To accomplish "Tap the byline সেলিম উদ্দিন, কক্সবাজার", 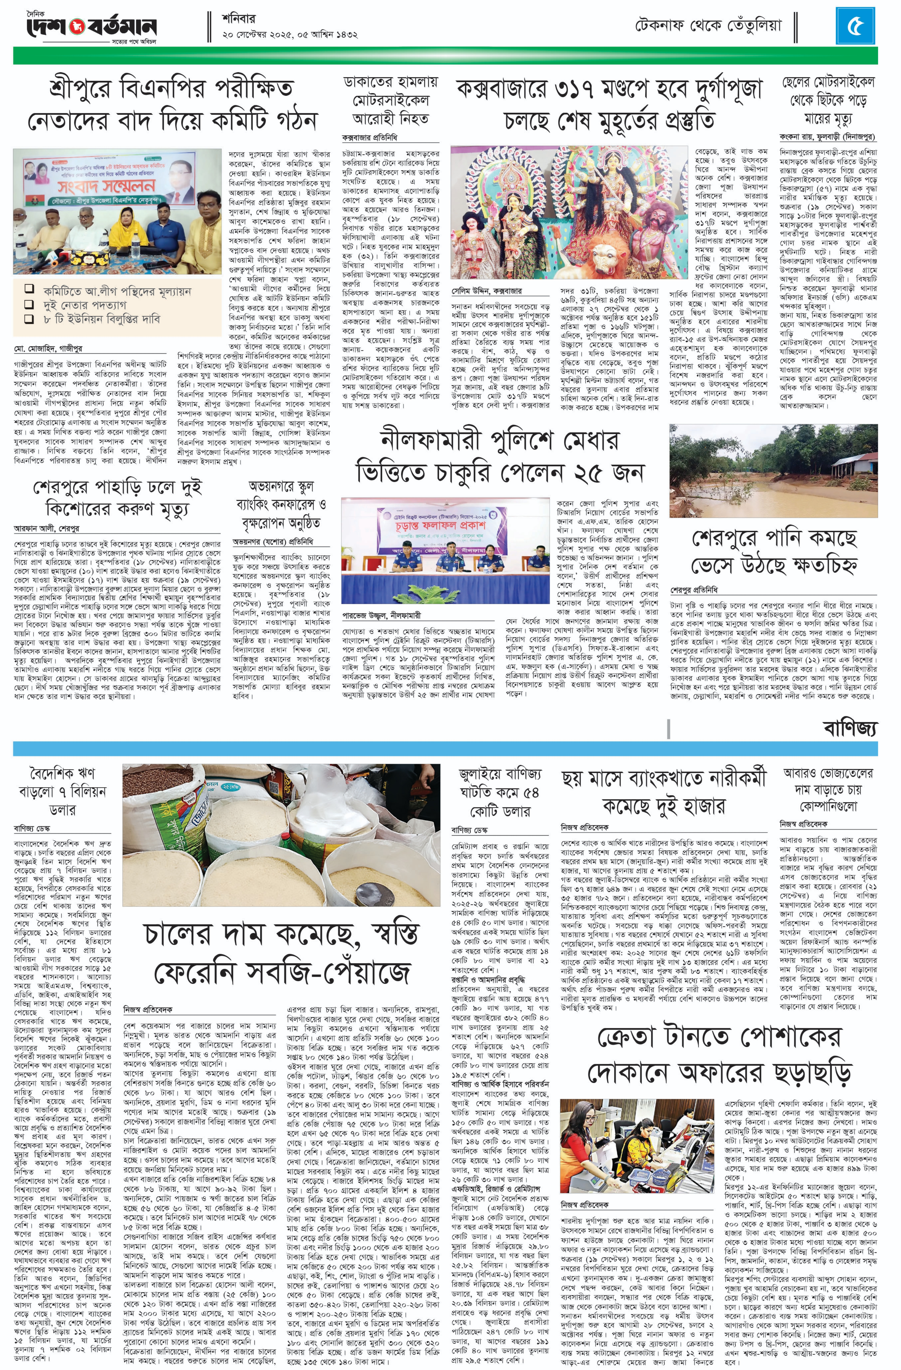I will [486, 291].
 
